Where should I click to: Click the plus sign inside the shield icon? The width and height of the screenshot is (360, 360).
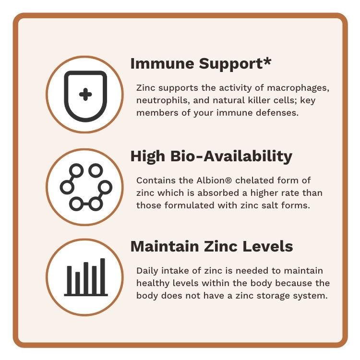[85, 94]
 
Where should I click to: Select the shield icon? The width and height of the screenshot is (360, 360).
[85, 96]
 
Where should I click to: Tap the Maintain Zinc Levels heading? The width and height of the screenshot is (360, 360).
[212, 246]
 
